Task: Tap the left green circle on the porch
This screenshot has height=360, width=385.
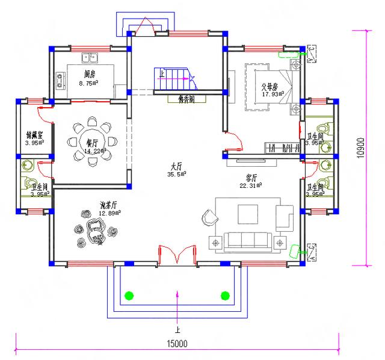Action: click(128, 295)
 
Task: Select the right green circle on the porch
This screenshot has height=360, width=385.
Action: click(226, 295)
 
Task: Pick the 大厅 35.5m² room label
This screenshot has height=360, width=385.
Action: click(177, 170)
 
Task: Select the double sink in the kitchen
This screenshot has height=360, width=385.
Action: click(91, 59)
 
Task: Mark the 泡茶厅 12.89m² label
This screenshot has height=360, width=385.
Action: click(110, 208)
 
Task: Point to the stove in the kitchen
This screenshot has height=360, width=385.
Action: click(60, 78)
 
